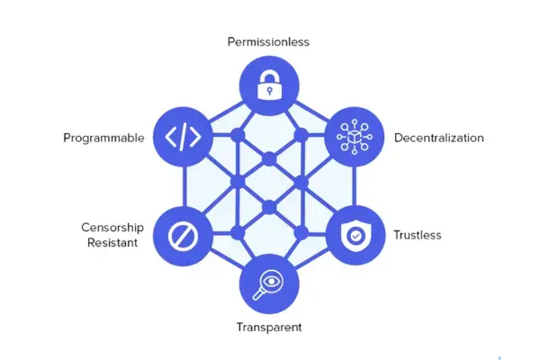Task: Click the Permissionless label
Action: click(268, 42)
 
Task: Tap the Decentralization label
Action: click(439, 138)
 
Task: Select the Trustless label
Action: click(417, 235)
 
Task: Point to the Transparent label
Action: click(269, 327)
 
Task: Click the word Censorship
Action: click(112, 228)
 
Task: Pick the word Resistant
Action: click(112, 242)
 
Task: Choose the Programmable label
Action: click(103, 138)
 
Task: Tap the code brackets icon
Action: click(183, 137)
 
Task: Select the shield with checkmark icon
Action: click(355, 235)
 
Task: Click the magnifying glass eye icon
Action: click(269, 284)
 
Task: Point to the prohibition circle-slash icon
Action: click(183, 237)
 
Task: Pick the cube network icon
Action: click(355, 137)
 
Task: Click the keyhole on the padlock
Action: click(270, 91)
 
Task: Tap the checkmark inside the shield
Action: click(355, 236)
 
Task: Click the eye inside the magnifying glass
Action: click(272, 282)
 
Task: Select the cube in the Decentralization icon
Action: click(355, 137)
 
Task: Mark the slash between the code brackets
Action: click(183, 137)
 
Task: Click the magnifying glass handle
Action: click(258, 295)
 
